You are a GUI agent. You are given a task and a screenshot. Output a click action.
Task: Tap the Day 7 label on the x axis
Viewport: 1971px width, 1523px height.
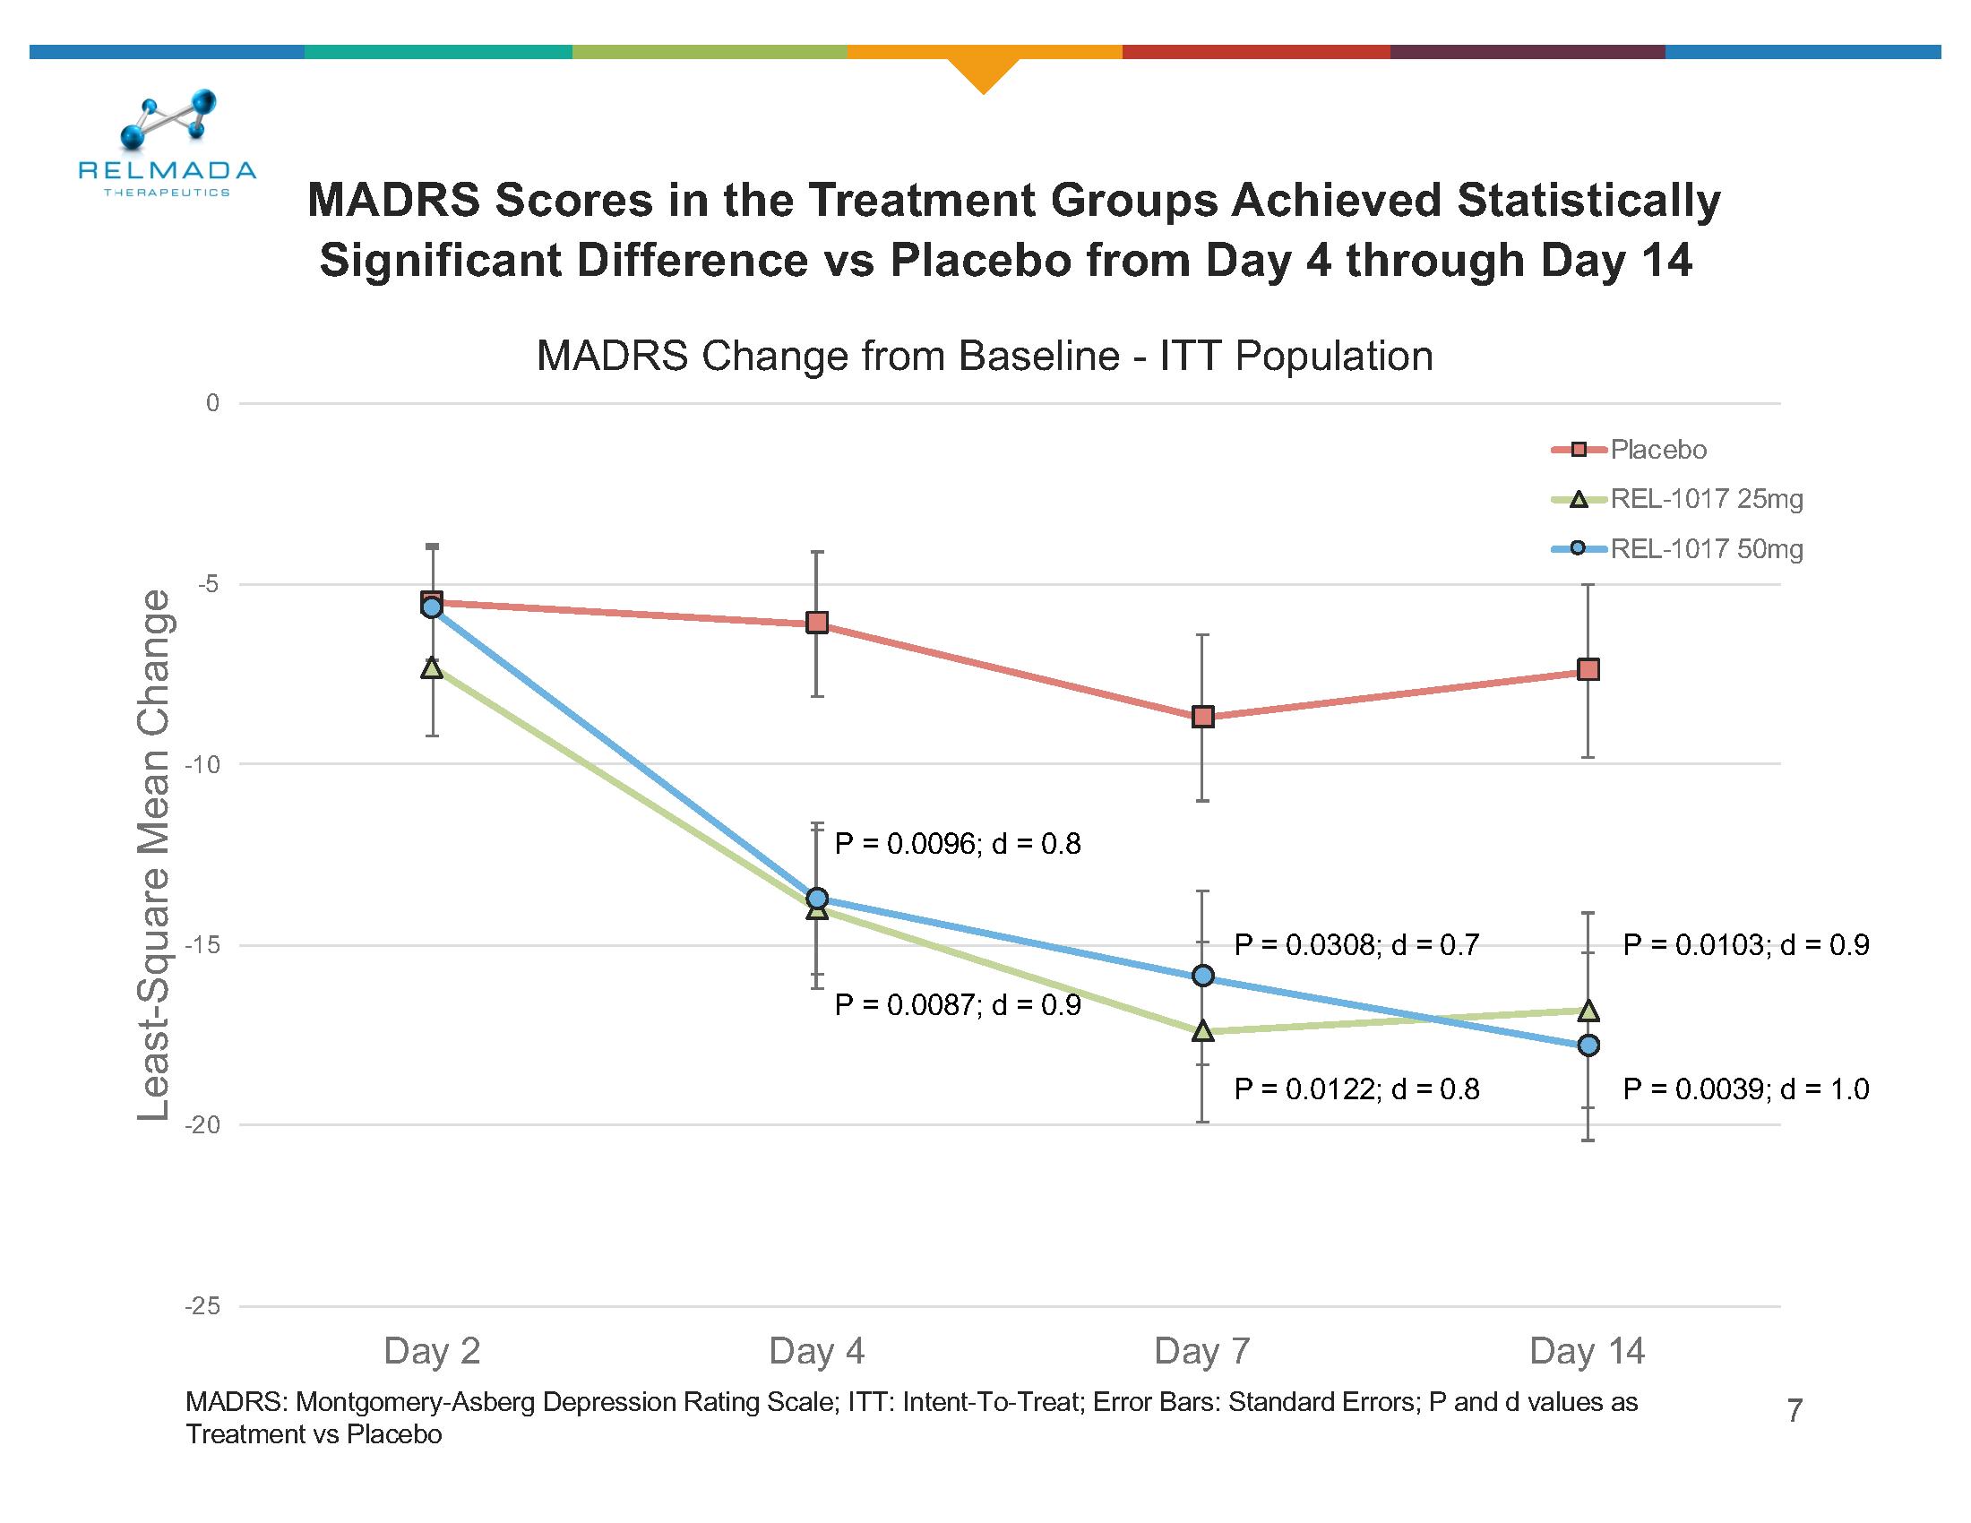[1201, 1351]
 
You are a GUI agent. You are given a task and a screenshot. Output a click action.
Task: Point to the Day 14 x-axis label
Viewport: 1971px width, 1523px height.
[1587, 1351]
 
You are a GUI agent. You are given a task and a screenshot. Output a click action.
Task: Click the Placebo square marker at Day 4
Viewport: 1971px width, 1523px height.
[817, 623]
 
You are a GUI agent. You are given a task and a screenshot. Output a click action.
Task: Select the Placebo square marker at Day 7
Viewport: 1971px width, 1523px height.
[1202, 718]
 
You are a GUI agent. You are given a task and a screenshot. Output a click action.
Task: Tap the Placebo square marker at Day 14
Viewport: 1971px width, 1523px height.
[1588, 669]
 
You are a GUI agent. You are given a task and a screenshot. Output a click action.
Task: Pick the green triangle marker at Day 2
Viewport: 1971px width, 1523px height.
[433, 667]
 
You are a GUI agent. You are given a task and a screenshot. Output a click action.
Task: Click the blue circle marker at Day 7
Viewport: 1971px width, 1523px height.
[1202, 976]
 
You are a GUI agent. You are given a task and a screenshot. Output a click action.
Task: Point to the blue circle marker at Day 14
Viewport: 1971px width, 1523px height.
[1588, 1045]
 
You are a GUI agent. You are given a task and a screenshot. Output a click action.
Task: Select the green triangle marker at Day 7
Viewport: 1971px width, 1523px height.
[1202, 1030]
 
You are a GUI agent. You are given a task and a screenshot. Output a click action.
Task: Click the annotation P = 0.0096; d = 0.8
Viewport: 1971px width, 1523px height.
[958, 845]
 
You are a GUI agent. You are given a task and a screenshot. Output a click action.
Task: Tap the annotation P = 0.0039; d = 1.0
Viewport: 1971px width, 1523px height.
[1745, 1089]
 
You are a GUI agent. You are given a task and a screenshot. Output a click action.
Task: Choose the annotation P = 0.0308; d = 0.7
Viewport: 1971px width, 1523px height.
[1356, 944]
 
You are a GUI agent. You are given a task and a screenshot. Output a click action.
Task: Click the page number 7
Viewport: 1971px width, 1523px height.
[1795, 1410]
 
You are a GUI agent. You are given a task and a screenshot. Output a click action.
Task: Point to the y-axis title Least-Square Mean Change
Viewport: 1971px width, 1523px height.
[154, 855]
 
